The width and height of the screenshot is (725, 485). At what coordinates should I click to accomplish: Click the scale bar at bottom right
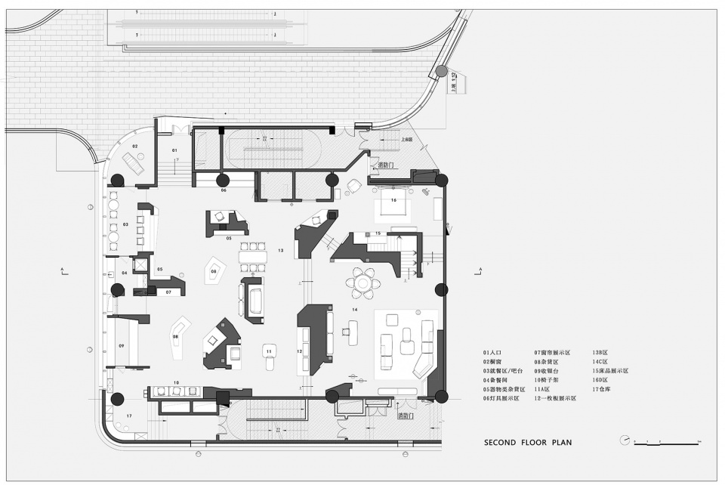669,442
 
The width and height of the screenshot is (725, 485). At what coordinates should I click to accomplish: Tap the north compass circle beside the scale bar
624,440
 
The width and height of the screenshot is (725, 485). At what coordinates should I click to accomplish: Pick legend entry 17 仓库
606,388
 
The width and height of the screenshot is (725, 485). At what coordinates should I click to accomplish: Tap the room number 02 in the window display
135,145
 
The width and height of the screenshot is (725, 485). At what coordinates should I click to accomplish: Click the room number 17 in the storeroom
129,416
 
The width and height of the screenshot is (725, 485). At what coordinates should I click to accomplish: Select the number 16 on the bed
393,200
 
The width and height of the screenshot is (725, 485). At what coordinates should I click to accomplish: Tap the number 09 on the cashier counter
121,345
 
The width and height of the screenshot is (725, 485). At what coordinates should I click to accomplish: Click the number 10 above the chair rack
176,383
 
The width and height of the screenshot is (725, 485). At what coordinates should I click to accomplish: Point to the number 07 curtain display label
168,292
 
